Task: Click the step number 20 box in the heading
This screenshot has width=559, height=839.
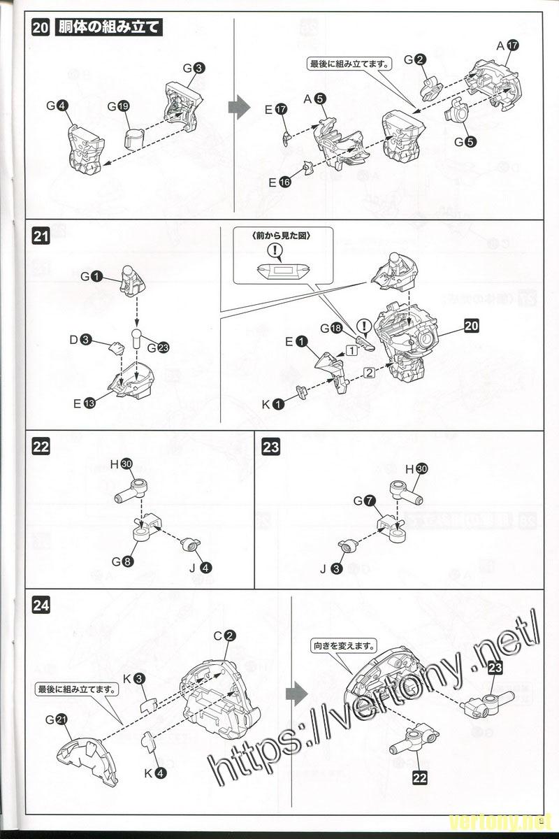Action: point(41,28)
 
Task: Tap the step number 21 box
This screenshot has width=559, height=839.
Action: point(41,237)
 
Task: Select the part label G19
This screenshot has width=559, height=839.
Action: point(118,106)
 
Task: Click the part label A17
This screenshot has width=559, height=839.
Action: point(507,45)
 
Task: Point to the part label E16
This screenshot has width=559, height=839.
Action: point(279,182)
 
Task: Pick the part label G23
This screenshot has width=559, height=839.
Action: point(157,347)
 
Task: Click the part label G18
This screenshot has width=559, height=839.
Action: point(331,327)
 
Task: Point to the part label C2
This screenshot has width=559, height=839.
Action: point(224,636)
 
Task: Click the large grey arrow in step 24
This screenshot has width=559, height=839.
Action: point(296,694)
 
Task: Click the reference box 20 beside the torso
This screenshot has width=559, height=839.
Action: point(472,325)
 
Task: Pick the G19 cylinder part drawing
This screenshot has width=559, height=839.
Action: point(135,136)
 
